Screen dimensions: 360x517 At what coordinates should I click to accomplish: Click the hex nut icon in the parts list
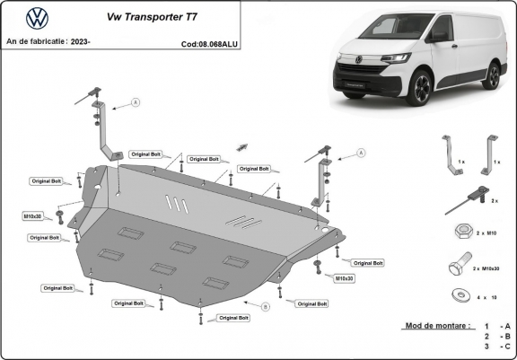[458, 233]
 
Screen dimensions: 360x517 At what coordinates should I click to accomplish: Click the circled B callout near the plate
[266, 307]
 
